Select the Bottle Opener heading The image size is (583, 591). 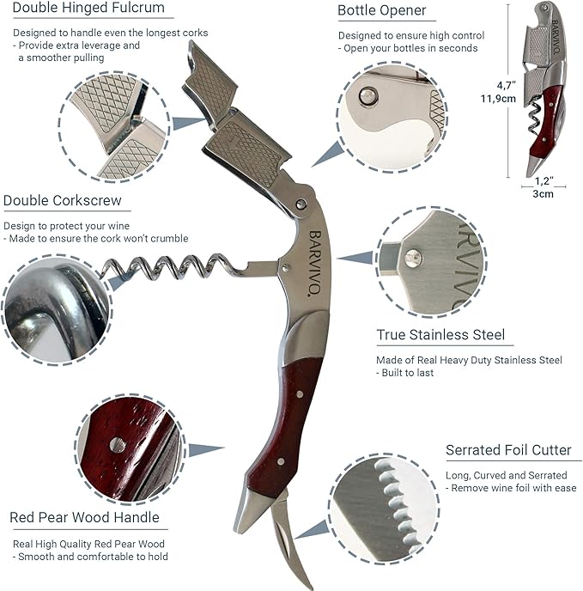[x=381, y=11]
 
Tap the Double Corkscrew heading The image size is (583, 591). [x=61, y=201]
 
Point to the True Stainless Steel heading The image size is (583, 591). [x=440, y=335]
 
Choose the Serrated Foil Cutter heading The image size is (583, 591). [x=507, y=450]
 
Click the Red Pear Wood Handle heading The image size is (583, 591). [x=84, y=517]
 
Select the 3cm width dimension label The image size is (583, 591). [x=543, y=193]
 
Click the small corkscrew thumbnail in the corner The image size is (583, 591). [x=545, y=86]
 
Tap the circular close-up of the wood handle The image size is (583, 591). [x=130, y=449]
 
